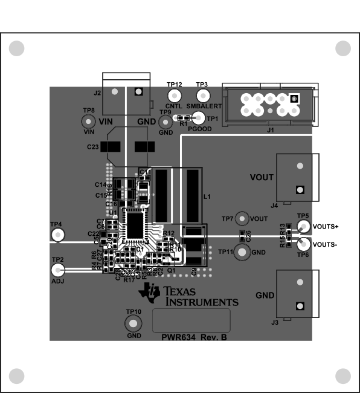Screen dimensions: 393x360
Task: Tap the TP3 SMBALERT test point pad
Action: [x=202, y=96]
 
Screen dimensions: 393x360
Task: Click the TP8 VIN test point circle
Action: [x=89, y=123]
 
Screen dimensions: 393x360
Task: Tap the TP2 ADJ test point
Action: [x=57, y=270]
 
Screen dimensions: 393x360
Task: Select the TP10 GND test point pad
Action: [x=133, y=323]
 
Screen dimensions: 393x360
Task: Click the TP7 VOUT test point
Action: [x=242, y=219]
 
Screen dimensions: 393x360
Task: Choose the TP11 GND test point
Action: [x=242, y=252]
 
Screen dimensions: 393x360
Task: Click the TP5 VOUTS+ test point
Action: [x=303, y=227]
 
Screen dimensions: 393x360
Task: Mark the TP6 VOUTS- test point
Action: [x=303, y=244]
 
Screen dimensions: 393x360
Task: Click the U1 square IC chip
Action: [x=135, y=225]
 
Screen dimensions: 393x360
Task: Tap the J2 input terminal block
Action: [x=126, y=94]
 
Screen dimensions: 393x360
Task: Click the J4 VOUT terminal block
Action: [x=297, y=177]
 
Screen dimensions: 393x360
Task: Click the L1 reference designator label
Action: [x=207, y=197]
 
